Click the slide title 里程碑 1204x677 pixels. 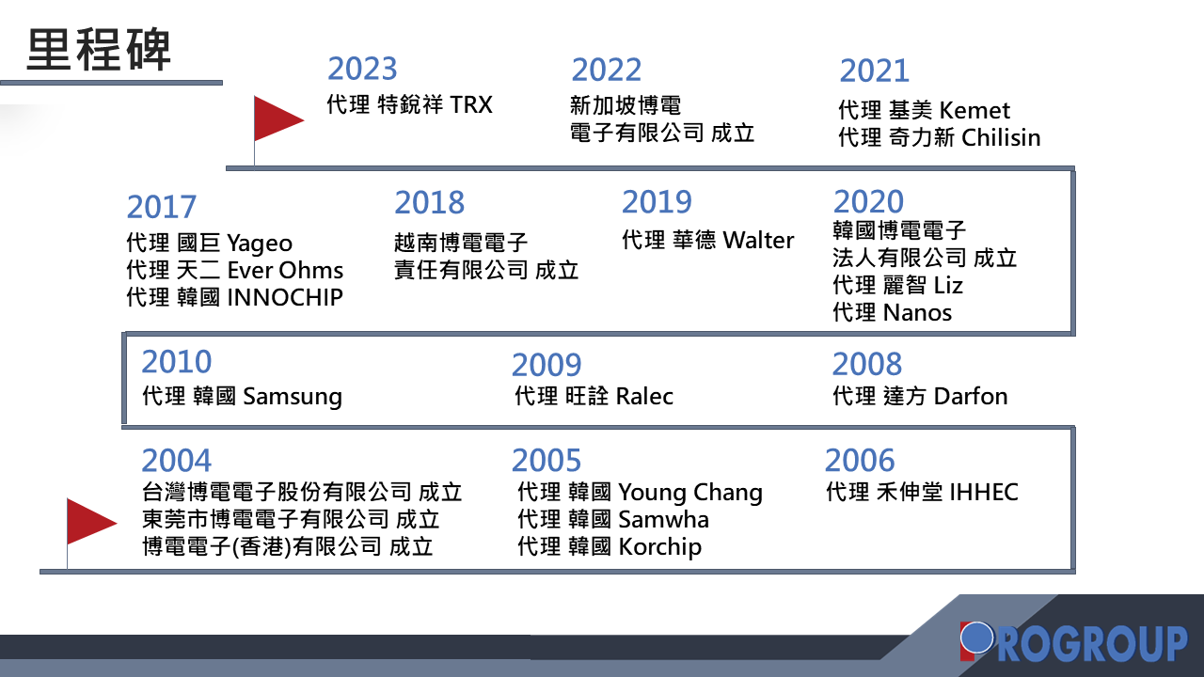(99, 50)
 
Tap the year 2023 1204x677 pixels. (362, 69)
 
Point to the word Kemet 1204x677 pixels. (975, 111)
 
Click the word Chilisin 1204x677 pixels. (1001, 137)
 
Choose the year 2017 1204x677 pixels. (161, 207)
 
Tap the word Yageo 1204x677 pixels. (260, 244)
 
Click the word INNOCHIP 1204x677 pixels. (285, 298)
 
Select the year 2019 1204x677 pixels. (657, 202)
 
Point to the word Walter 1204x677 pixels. (758, 240)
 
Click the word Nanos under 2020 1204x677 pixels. (917, 313)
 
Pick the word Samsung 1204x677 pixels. (293, 398)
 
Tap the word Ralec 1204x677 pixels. (644, 397)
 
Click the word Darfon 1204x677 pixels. (971, 397)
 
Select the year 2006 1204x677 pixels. (860, 461)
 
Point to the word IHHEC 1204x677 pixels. (984, 492)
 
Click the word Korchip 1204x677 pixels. (660, 548)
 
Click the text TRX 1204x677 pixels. (471, 104)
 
